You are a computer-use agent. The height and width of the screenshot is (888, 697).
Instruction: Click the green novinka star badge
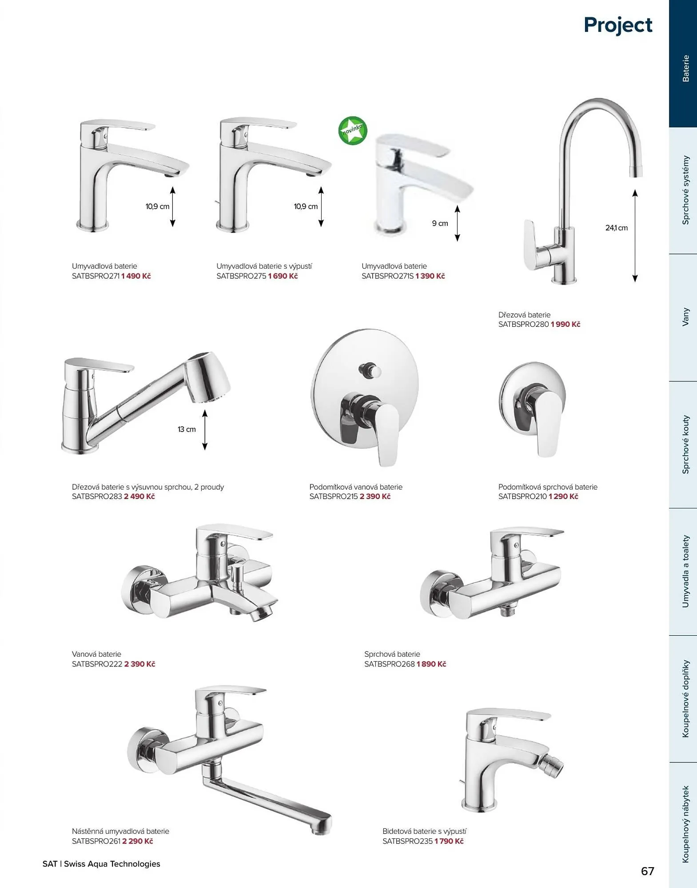pyautogui.click(x=353, y=131)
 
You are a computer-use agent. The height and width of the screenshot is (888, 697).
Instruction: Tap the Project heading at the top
pyautogui.click(x=618, y=25)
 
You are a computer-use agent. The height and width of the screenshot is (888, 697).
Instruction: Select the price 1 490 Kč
pyautogui.click(x=136, y=276)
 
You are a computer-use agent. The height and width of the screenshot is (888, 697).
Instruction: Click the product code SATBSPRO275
pyautogui.click(x=241, y=276)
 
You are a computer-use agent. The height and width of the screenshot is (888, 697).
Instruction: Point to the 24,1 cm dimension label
pyautogui.click(x=616, y=228)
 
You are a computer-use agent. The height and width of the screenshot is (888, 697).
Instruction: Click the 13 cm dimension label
pyautogui.click(x=187, y=429)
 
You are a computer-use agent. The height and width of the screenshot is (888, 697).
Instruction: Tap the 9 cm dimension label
pyautogui.click(x=440, y=223)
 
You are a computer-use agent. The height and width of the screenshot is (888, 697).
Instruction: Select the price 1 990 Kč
pyautogui.click(x=566, y=325)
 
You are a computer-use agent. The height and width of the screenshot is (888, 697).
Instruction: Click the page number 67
pyautogui.click(x=648, y=871)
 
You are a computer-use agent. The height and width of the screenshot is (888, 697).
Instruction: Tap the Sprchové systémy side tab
pyautogui.click(x=685, y=190)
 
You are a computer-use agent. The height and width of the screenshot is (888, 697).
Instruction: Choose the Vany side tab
pyautogui.click(x=685, y=317)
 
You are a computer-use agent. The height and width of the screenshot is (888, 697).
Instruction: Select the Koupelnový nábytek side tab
pyautogui.click(x=685, y=825)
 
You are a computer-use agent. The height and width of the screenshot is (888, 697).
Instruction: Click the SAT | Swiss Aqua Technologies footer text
pyautogui.click(x=101, y=864)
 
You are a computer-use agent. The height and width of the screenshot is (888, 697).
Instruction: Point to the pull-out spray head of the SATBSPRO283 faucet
pyautogui.click(x=207, y=377)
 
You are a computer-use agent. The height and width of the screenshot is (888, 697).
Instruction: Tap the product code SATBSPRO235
pyautogui.click(x=407, y=841)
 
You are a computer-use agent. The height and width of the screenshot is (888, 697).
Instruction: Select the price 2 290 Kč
pyautogui.click(x=138, y=841)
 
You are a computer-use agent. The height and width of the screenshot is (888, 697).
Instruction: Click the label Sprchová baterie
pyautogui.click(x=392, y=654)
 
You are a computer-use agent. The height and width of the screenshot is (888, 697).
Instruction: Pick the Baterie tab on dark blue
pyautogui.click(x=685, y=68)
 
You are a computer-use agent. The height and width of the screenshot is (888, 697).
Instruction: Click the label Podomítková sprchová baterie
pyautogui.click(x=548, y=487)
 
